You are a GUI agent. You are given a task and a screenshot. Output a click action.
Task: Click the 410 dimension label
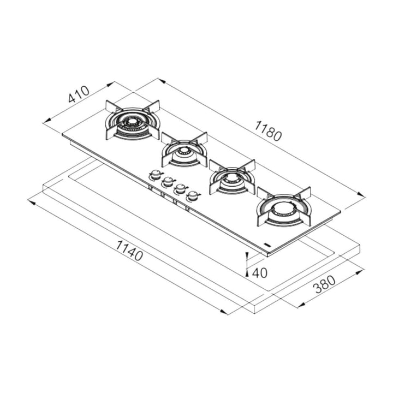79,94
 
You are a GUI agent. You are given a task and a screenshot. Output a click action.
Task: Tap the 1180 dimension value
268,130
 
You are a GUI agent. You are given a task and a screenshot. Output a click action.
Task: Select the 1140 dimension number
129,251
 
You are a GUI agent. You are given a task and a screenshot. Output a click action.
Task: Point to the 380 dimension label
325,284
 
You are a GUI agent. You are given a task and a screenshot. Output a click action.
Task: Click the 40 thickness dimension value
259,273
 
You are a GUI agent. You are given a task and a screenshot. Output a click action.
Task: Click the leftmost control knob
156,175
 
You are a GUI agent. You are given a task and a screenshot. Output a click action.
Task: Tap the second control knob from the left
168,181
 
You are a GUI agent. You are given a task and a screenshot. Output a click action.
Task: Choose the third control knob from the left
181,188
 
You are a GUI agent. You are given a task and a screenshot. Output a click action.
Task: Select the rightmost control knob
193,195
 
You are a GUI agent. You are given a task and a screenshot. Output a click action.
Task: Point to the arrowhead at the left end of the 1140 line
31,201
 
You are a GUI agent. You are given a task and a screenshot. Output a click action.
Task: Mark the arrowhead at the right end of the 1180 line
361,194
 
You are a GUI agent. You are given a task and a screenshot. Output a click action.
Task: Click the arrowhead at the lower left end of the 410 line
47,121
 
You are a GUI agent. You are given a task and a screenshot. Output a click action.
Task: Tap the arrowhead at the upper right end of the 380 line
360,272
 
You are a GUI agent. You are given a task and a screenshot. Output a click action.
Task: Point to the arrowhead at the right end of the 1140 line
224,312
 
